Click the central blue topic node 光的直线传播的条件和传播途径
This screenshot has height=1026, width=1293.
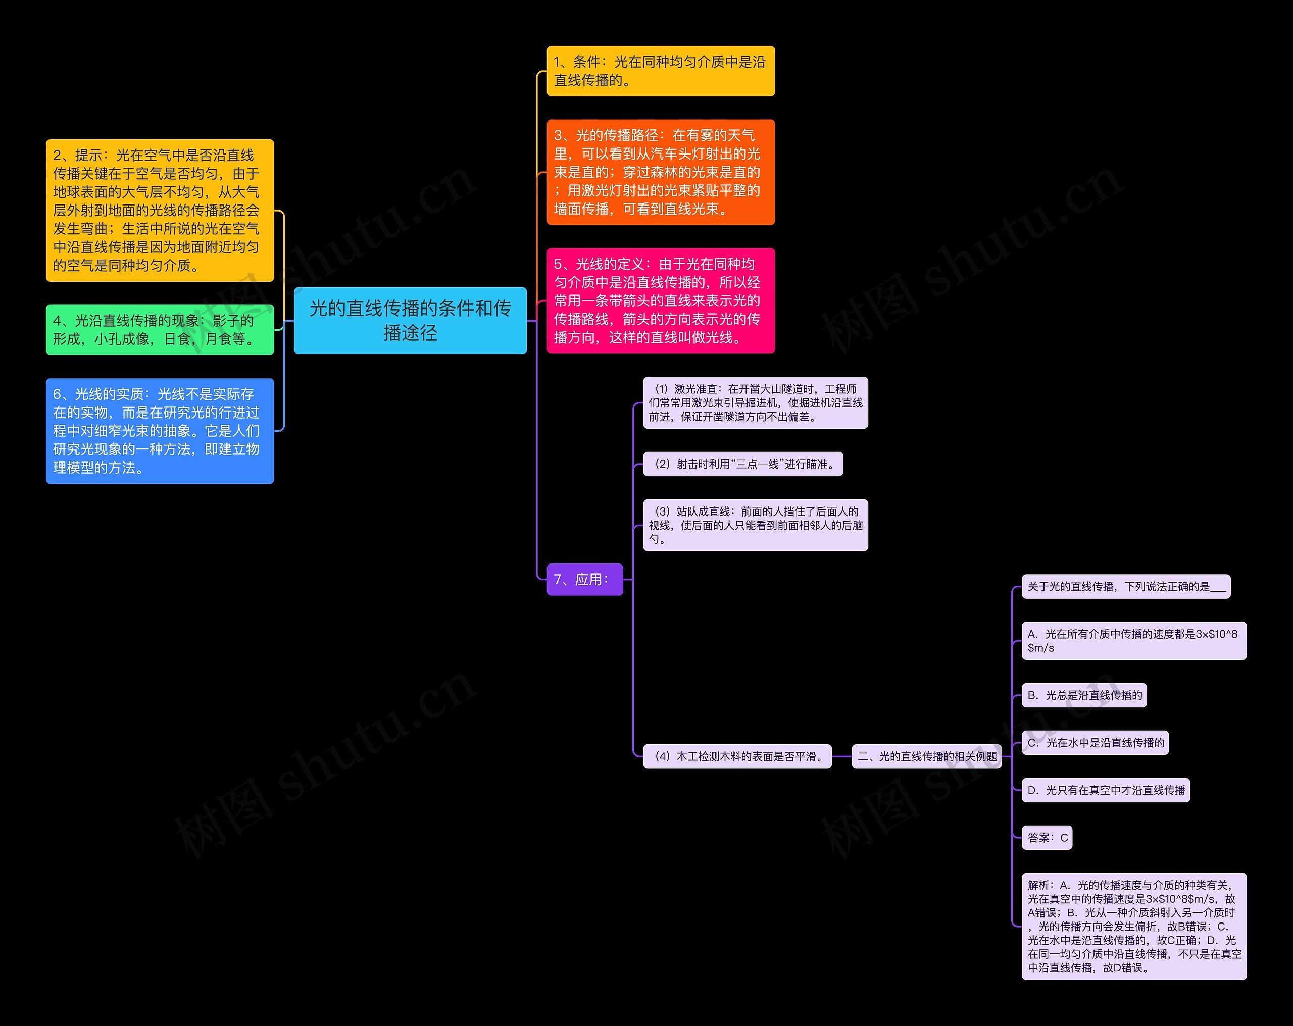click(x=410, y=320)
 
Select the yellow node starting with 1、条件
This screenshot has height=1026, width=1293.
click(x=660, y=71)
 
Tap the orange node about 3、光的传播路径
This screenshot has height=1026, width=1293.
click(x=660, y=172)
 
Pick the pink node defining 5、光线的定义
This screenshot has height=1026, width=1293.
click(x=660, y=300)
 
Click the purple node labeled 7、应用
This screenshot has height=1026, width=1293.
click(x=584, y=579)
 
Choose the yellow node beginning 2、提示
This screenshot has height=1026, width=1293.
click(x=160, y=211)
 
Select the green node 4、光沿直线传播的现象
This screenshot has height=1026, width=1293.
click(x=160, y=330)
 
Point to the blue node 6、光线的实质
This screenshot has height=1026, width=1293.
click(x=160, y=431)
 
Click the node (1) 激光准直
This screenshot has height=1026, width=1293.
click(x=755, y=402)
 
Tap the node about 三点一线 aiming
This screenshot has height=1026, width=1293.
click(x=742, y=464)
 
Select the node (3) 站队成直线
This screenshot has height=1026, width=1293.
click(x=755, y=525)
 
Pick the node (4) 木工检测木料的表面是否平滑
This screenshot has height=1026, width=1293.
click(x=736, y=756)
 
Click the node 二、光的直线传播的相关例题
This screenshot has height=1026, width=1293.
click(x=927, y=756)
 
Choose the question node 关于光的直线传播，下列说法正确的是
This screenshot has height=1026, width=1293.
click(x=1126, y=586)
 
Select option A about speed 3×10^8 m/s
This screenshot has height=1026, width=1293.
click(x=1133, y=640)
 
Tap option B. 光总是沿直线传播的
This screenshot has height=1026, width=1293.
click(x=1084, y=695)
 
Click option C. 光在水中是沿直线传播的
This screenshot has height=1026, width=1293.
click(x=1095, y=742)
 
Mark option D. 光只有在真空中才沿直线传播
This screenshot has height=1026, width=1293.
click(x=1105, y=790)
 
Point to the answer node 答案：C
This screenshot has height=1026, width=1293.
click(x=1047, y=838)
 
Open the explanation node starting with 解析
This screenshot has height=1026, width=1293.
click(x=1133, y=926)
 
